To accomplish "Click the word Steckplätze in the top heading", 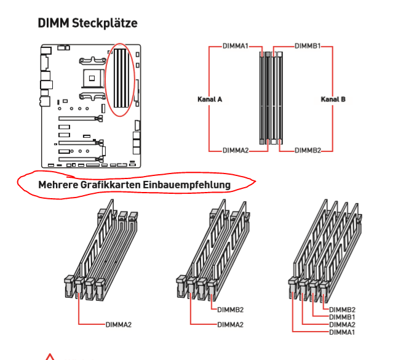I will point(105,23).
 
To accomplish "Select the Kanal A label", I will point(210,98).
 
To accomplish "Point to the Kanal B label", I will point(333,98).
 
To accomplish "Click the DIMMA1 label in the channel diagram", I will point(236,46).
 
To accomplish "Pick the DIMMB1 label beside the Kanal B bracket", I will point(308,46).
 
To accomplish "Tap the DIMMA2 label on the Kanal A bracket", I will point(236,151).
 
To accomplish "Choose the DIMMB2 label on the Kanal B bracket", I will point(308,151).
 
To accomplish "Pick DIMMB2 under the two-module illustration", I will point(231,310).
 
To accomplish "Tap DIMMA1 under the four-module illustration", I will point(343,332).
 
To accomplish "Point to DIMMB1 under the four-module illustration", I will point(343,317).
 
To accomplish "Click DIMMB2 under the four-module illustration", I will point(343,310).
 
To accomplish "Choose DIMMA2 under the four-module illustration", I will point(343,324).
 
